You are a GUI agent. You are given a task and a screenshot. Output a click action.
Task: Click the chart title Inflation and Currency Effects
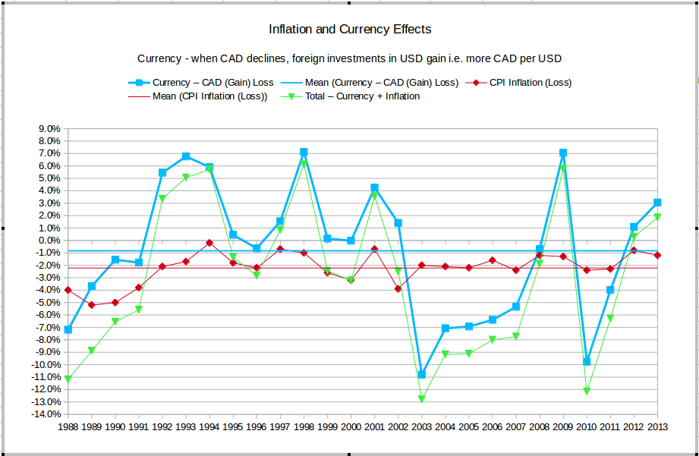[x=350, y=30]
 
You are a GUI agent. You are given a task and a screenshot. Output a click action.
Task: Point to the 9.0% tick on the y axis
[x=49, y=129]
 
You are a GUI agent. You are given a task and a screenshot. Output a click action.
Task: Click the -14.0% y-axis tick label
[x=46, y=414]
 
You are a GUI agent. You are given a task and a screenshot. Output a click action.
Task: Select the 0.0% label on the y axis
[x=49, y=241]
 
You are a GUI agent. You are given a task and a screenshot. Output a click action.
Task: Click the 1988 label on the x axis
[x=68, y=427]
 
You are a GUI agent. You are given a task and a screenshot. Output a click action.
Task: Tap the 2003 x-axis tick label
[x=422, y=427]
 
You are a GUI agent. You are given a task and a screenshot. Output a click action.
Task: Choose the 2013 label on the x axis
[x=657, y=427]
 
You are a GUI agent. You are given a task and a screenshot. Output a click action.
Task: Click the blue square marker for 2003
[x=422, y=374]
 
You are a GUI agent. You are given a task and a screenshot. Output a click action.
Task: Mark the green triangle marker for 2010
[x=587, y=391]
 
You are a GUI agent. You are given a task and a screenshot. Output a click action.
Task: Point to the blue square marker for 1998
[x=304, y=152]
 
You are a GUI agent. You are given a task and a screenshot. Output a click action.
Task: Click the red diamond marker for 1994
[x=209, y=243]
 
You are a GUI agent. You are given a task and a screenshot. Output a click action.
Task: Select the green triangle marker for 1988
[x=68, y=379]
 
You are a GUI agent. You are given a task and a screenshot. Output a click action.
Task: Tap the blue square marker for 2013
[x=657, y=203]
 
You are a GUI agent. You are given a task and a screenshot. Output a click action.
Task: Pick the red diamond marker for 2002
[x=398, y=289]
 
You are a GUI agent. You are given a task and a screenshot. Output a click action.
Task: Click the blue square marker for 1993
[x=186, y=156]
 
